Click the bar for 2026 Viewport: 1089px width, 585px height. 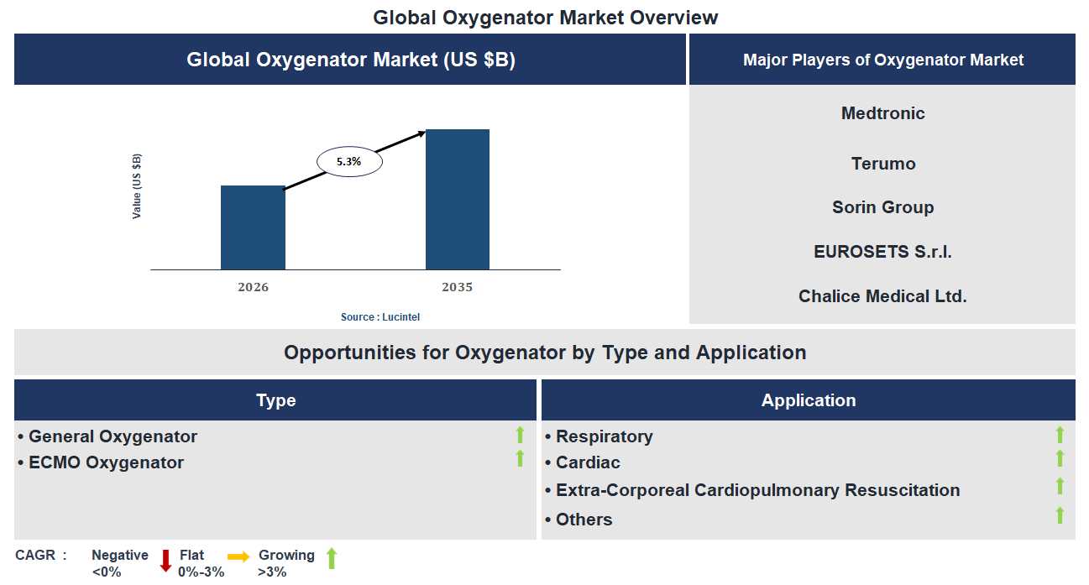(x=253, y=227)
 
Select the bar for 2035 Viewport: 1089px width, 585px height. (x=457, y=199)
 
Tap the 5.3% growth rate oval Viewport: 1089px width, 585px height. (x=348, y=162)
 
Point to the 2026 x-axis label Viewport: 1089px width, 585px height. (x=253, y=287)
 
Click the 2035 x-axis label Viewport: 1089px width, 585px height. (x=457, y=287)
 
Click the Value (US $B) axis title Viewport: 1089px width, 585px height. (x=137, y=186)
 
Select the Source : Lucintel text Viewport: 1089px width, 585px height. (x=380, y=317)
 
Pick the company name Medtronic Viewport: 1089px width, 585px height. (x=882, y=113)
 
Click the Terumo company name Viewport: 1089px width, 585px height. (x=882, y=164)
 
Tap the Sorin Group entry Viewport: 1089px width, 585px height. (x=882, y=207)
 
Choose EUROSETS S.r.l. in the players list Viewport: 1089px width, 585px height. (x=882, y=252)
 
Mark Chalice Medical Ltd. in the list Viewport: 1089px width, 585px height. (x=882, y=296)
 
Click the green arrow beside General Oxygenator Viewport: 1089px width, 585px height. (x=520, y=435)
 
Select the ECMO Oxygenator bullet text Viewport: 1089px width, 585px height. (x=106, y=462)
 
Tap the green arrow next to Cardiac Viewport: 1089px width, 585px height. (x=1060, y=458)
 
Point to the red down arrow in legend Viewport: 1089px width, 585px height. (x=165, y=560)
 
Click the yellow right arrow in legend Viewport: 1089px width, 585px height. (x=238, y=556)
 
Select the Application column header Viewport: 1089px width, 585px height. (x=808, y=400)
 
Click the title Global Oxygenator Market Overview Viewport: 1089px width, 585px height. (x=545, y=17)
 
